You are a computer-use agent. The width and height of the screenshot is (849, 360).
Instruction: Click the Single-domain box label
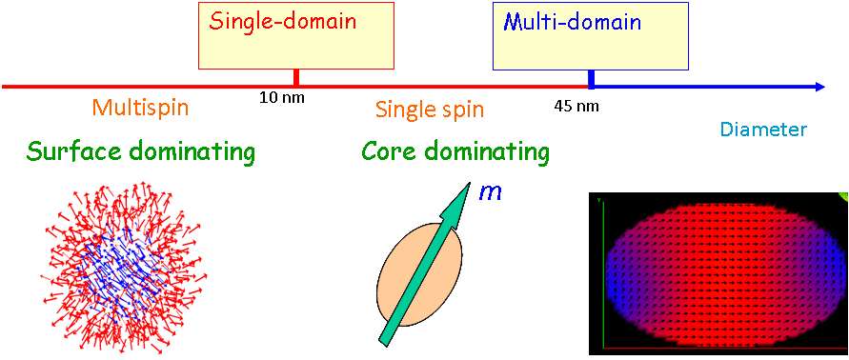283,22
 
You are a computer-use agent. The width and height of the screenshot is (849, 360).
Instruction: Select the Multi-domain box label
573,22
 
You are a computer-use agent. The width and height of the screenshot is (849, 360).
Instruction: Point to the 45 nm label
576,106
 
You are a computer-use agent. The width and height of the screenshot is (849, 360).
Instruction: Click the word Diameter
764,130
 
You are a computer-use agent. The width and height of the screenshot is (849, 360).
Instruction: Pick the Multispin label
140,109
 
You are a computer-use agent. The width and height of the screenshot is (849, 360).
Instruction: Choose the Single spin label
430,110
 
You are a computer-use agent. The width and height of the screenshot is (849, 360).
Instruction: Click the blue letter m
491,192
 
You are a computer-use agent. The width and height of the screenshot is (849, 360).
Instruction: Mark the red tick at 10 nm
295,77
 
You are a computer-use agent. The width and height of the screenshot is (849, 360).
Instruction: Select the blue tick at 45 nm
592,78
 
